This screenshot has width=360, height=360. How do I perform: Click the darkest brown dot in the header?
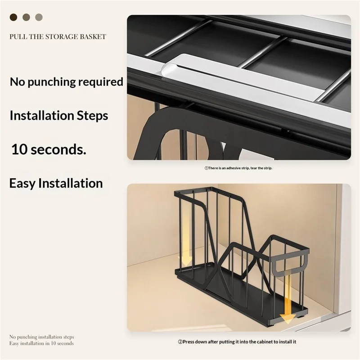pos(13,17)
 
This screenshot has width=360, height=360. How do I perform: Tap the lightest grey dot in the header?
pos(39,17)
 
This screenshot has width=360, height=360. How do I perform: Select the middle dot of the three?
pos(26,17)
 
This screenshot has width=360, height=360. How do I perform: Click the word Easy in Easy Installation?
pos(22,183)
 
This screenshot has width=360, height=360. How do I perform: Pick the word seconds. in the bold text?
pos(59,149)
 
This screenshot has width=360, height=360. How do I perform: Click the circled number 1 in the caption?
pos(206,168)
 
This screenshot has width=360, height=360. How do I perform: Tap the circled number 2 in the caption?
pos(180,342)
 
